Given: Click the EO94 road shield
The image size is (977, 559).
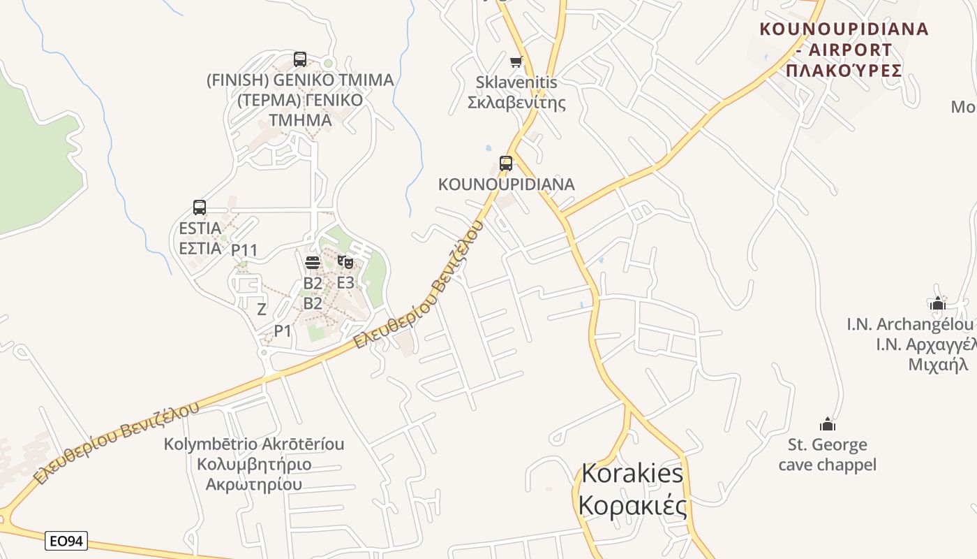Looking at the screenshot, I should tap(66, 541).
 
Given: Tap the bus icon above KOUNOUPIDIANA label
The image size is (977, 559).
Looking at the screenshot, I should tap(506, 164).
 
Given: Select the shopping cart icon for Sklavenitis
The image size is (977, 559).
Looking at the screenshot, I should tap(516, 61).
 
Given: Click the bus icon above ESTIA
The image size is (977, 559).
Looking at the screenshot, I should tap(200, 208).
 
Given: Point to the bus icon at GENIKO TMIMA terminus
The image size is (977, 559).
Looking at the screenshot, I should tap(300, 59).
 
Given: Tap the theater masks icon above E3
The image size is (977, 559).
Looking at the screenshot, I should tap(345, 263).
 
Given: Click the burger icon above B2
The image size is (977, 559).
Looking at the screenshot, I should tap(313, 263).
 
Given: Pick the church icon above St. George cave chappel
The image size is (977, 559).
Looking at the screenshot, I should tap(828, 424).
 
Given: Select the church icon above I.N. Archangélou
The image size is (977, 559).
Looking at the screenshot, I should tap(937, 303).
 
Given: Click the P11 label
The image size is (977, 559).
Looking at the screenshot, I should tap(245, 250).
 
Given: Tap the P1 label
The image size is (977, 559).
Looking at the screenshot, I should tap(283, 331).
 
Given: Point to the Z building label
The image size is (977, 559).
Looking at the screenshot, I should tap(262, 309).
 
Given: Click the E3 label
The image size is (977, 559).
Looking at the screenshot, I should tap(345, 283).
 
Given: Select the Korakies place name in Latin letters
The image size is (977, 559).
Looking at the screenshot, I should tap(632, 473).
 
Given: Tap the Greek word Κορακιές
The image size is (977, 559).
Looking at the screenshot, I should tap(632, 504).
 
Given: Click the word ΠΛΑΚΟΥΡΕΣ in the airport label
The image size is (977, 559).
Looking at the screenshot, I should tap(844, 70).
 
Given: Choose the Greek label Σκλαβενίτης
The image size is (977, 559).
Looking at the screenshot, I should tap(516, 103).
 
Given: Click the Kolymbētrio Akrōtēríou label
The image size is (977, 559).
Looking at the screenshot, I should tap(254, 444).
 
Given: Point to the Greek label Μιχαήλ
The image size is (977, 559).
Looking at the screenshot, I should tap(938, 364).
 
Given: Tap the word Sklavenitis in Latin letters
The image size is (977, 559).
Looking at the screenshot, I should tap(516, 82).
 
